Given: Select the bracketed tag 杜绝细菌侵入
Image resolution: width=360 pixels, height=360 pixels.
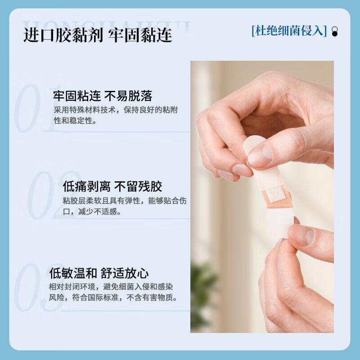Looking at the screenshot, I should click(x=289, y=31).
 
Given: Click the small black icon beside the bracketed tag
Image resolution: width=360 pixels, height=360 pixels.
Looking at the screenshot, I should click(x=334, y=31).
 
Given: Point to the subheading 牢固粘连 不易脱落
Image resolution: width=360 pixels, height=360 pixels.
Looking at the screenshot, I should click(x=103, y=96).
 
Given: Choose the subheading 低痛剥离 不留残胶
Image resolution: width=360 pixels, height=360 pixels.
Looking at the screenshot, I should click(x=112, y=186).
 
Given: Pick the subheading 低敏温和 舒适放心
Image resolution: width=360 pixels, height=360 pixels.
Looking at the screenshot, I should click(x=99, y=273).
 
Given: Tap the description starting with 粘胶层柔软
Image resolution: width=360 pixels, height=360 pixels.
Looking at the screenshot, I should click(x=124, y=206).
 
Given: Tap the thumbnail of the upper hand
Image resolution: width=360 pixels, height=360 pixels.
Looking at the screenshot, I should click(x=260, y=156).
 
